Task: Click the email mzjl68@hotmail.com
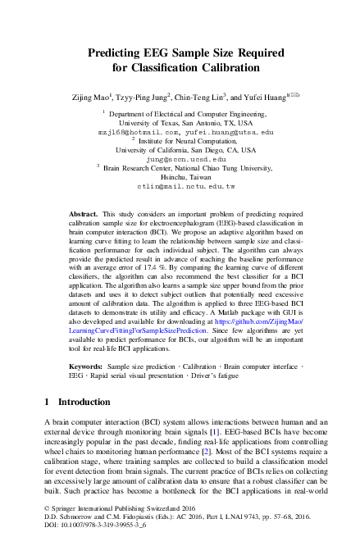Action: click(137, 131)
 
